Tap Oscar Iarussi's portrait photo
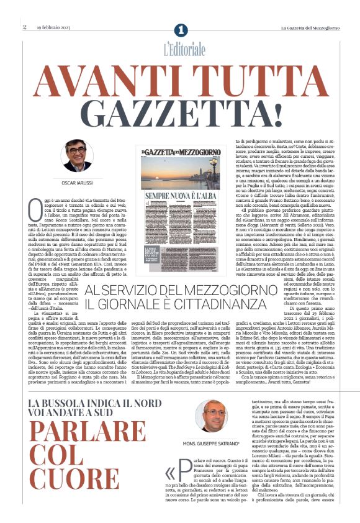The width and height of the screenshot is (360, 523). (78, 155)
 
